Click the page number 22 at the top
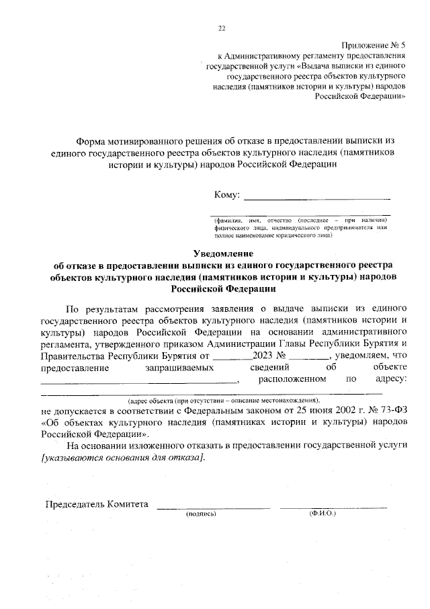pyautogui.click(x=222, y=28)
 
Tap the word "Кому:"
pyautogui.click(x=227, y=195)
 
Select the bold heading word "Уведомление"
pyautogui.click(x=222, y=253)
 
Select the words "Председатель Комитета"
pyautogui.click(x=96, y=504)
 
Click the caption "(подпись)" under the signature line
pyautogui.click(x=200, y=514)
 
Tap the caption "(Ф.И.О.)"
pyautogui.click(x=322, y=514)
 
